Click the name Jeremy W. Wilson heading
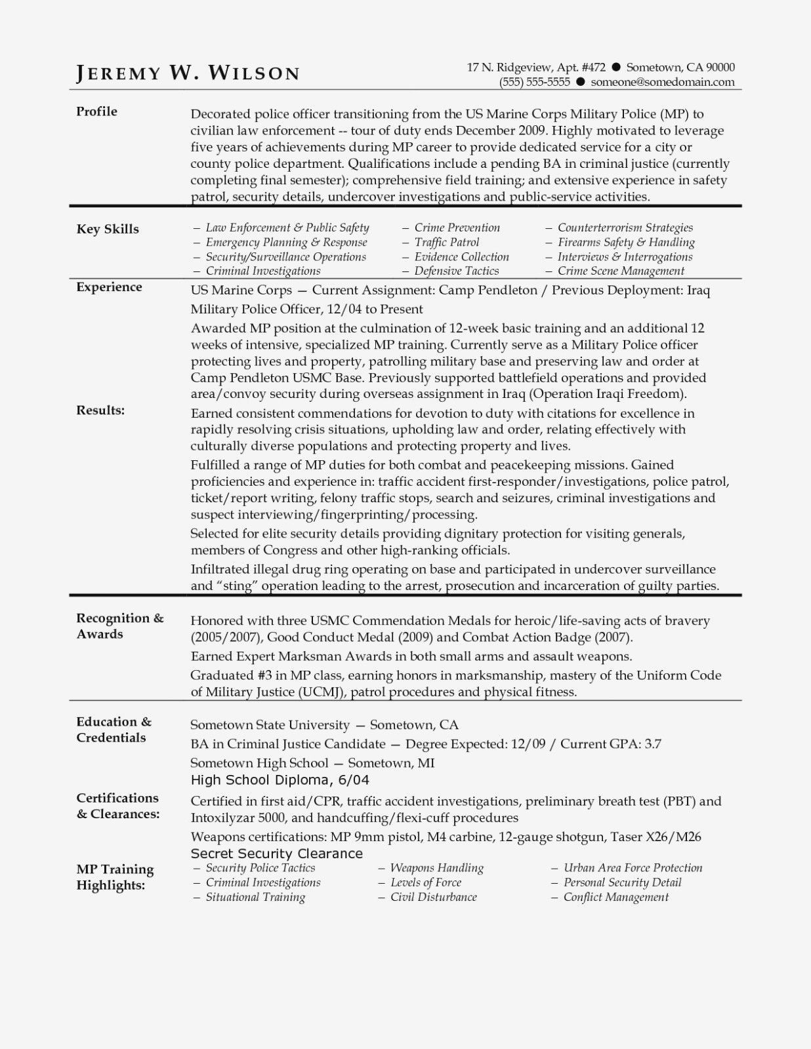[188, 73]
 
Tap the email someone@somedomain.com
[662, 82]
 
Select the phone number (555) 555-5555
[534, 82]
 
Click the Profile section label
[96, 111]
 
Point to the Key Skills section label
[108, 229]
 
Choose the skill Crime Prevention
[457, 228]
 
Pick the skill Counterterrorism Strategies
[625, 228]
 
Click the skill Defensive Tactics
[456, 271]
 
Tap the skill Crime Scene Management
[620, 271]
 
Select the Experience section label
[109, 287]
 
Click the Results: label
[100, 410]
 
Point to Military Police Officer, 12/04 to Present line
[306, 309]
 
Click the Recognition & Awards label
[119, 625]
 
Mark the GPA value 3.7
[652, 744]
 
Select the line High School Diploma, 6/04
[280, 780]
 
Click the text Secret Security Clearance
[276, 854]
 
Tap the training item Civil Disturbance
[433, 897]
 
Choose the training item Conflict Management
[615, 897]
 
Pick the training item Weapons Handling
[436, 868]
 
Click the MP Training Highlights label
[115, 877]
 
